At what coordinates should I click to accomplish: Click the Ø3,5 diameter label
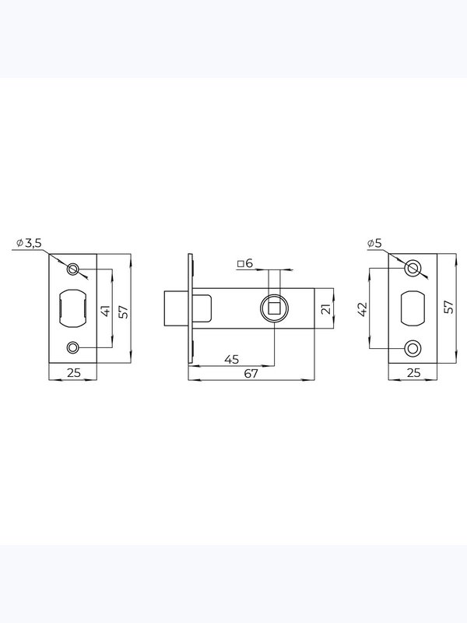[x=29, y=243]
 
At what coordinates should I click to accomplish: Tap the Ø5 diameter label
[x=374, y=243]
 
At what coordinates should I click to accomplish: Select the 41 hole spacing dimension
[x=106, y=311]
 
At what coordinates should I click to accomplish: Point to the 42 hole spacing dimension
[x=363, y=309]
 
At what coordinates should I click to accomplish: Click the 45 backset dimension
[x=232, y=359]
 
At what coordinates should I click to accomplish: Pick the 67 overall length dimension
[x=251, y=374]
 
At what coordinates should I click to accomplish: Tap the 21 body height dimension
[x=326, y=308]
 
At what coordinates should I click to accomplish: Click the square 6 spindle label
[x=245, y=263]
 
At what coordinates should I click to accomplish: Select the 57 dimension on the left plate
[x=125, y=311]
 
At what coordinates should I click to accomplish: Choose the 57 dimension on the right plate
[x=449, y=307]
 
